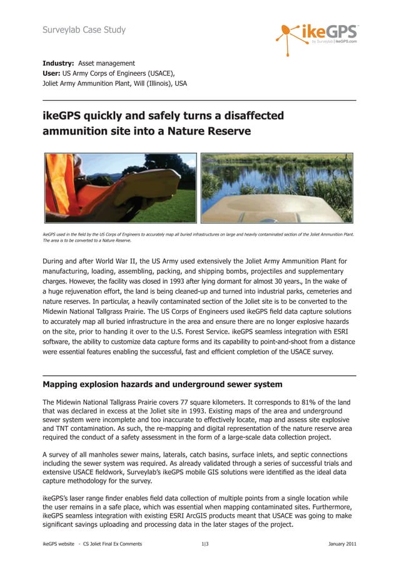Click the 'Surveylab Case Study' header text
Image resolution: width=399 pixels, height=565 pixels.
84,29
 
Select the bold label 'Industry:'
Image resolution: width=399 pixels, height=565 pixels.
59,63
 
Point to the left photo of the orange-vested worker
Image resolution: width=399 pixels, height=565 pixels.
120,188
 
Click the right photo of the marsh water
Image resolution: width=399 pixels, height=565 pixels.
277,188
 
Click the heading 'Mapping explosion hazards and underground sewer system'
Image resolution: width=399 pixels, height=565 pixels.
162,384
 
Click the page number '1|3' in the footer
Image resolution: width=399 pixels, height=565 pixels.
205,544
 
